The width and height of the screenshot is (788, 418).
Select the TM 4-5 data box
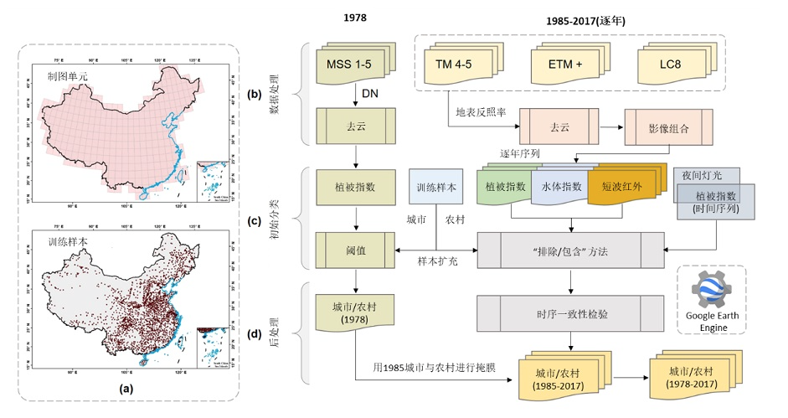click(x=459, y=65)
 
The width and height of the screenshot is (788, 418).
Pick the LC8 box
click(x=669, y=65)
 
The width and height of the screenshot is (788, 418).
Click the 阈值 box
click(x=354, y=249)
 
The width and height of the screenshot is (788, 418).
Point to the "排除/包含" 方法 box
click(x=570, y=249)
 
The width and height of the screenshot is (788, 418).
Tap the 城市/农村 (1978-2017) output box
click(x=691, y=377)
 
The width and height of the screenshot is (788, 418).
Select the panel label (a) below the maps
click(x=126, y=388)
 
